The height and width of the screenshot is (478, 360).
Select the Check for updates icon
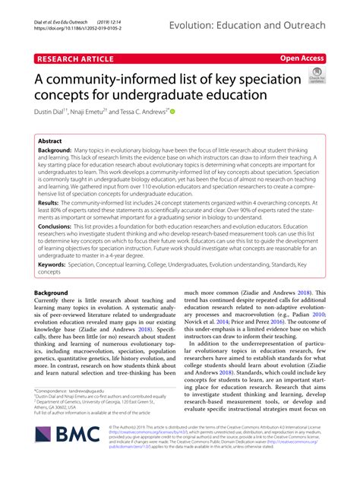(x=316, y=74)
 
